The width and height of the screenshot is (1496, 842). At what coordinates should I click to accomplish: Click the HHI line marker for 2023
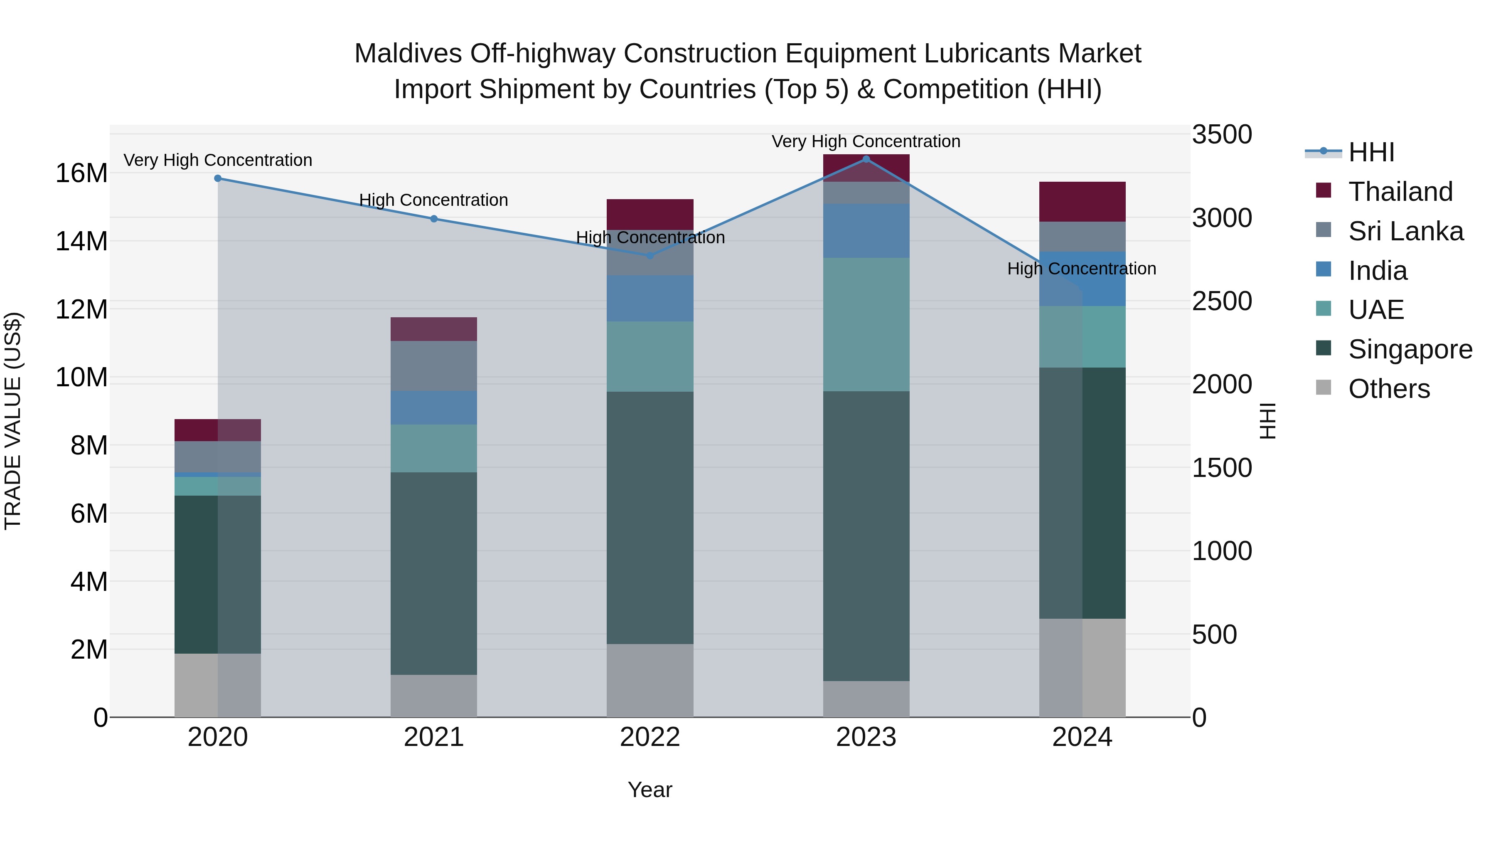pyautogui.click(x=866, y=159)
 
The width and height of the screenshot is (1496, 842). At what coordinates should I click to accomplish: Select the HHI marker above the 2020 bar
pyautogui.click(x=218, y=178)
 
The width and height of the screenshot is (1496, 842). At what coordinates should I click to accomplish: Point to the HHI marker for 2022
pyautogui.click(x=650, y=255)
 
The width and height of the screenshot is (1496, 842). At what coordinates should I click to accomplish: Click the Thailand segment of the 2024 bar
pyautogui.click(x=1082, y=202)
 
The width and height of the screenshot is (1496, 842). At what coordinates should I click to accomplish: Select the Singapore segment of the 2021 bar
pyautogui.click(x=434, y=573)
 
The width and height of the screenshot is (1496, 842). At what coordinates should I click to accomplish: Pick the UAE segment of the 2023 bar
pyautogui.click(x=866, y=324)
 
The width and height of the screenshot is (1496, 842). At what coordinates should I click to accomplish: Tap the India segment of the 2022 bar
pyautogui.click(x=650, y=298)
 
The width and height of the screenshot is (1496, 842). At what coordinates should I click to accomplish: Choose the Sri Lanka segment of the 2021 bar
pyautogui.click(x=434, y=365)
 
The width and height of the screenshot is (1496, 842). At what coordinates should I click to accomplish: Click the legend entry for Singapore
pyautogui.click(x=1410, y=349)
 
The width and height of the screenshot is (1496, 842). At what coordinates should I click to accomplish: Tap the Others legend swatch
pyautogui.click(x=1324, y=387)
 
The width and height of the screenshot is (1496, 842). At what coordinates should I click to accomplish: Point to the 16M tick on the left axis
pyautogui.click(x=81, y=173)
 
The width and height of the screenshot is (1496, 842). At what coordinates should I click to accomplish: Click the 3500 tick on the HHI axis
pyautogui.click(x=1222, y=134)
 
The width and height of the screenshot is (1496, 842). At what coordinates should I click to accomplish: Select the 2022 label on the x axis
pyautogui.click(x=650, y=737)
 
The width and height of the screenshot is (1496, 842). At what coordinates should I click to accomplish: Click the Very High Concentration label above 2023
pyautogui.click(x=866, y=141)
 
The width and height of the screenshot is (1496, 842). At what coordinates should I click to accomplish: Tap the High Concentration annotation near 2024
pyautogui.click(x=1081, y=269)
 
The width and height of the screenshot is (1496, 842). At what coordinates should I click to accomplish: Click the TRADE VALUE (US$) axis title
pyautogui.click(x=13, y=421)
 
